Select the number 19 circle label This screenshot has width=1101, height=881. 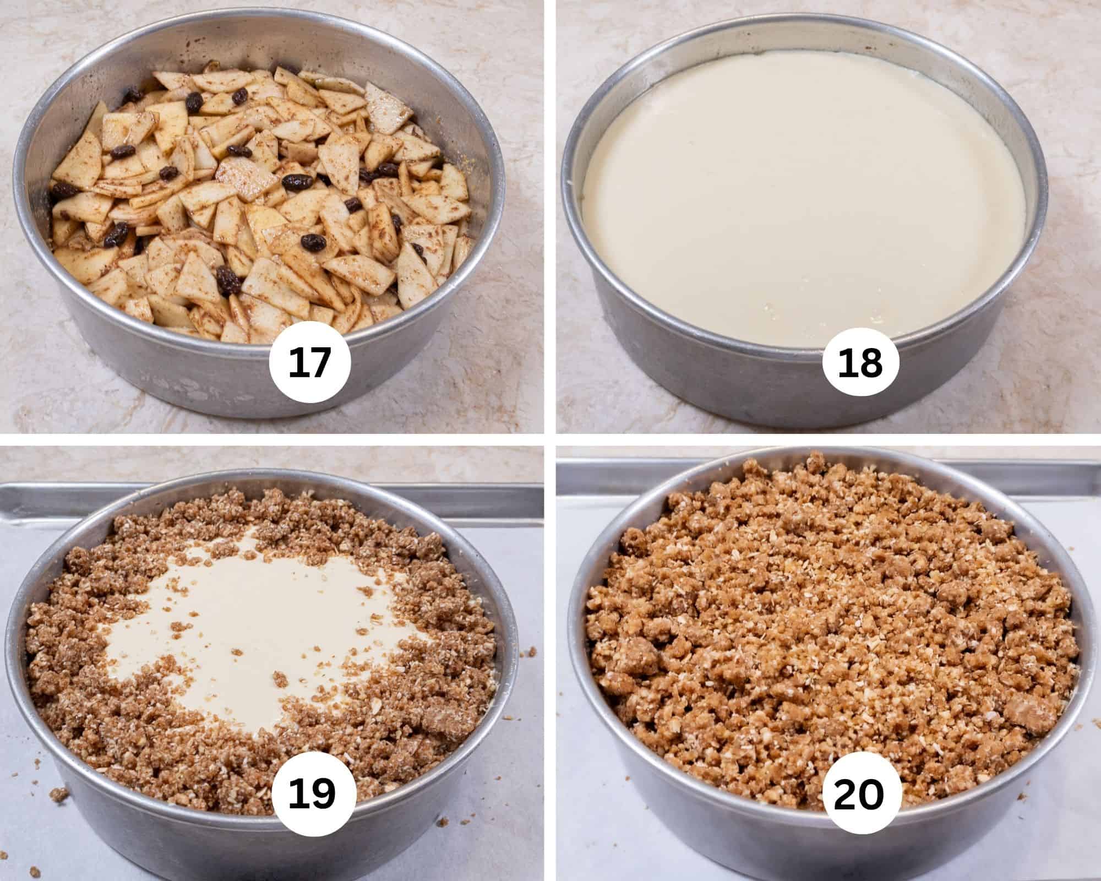312,793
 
